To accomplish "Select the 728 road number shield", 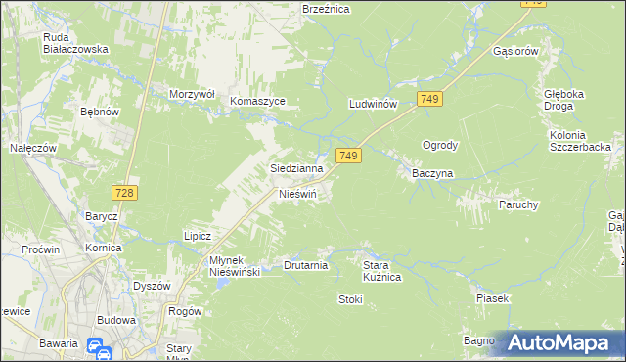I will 123,193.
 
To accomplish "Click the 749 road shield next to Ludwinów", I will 430,99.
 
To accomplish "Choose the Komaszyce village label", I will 257,101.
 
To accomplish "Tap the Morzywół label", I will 191,94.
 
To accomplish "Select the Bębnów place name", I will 99,113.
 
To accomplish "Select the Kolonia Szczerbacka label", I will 580,140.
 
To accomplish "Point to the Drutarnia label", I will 305,265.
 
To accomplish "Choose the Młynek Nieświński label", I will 221,266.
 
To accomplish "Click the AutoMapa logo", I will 560,343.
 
